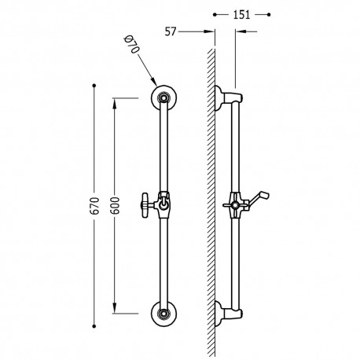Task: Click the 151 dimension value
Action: coord(241,13)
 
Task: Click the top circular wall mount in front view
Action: coord(164,97)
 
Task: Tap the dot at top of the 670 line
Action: coord(94,84)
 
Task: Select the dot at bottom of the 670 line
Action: coord(94,325)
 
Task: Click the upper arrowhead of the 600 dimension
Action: coord(115,101)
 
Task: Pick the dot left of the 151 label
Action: coord(215,14)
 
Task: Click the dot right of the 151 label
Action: coord(269,14)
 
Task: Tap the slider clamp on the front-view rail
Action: coord(164,203)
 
